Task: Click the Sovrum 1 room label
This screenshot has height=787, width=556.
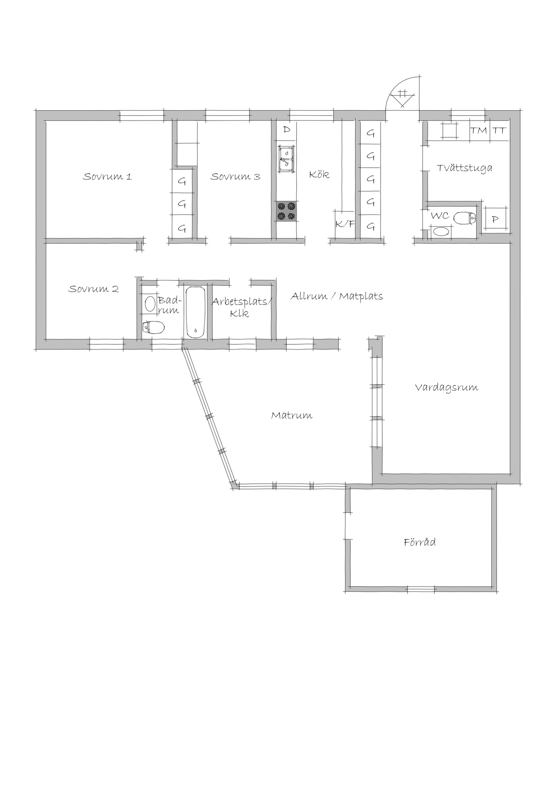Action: click(x=107, y=177)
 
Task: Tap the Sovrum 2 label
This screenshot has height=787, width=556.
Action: click(x=93, y=289)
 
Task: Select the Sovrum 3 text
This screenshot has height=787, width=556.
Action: click(x=235, y=177)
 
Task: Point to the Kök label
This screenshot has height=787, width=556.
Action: click(x=319, y=174)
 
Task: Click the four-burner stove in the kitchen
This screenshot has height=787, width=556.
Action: click(x=286, y=211)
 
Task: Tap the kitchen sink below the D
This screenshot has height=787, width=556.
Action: click(x=286, y=158)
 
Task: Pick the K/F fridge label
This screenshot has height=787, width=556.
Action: click(x=345, y=224)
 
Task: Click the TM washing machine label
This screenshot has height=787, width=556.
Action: click(x=479, y=131)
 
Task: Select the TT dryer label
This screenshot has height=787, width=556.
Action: click(x=499, y=131)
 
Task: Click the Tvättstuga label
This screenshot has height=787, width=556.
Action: click(x=465, y=168)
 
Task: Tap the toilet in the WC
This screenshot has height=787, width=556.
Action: click(x=465, y=218)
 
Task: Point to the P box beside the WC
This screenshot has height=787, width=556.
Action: click(x=495, y=219)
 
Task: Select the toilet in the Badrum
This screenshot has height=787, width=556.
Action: click(x=153, y=327)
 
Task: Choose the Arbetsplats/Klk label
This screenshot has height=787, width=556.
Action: click(x=242, y=307)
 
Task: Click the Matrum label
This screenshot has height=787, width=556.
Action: click(x=292, y=416)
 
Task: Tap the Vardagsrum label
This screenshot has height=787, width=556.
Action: click(x=447, y=387)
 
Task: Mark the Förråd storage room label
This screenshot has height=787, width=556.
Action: click(x=420, y=542)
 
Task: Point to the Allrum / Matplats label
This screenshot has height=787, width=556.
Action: click(x=337, y=296)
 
